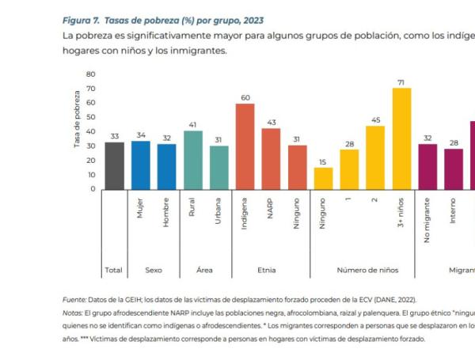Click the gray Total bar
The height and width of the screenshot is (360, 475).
coord(115,165)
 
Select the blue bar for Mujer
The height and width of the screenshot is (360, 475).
coord(141,165)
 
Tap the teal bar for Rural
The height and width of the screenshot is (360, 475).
coord(193,160)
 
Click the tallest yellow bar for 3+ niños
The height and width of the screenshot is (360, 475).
coord(402,138)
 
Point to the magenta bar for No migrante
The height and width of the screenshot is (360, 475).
coord(427,166)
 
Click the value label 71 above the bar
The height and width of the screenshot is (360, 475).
coord(402,81)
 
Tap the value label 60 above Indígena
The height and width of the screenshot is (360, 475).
coord(245,97)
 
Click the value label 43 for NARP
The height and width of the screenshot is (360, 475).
coord(271,122)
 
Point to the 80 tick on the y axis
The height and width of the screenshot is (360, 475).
coord(91,74)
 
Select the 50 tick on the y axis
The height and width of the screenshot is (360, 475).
coord(91,117)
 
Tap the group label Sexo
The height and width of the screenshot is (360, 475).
coord(154,270)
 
